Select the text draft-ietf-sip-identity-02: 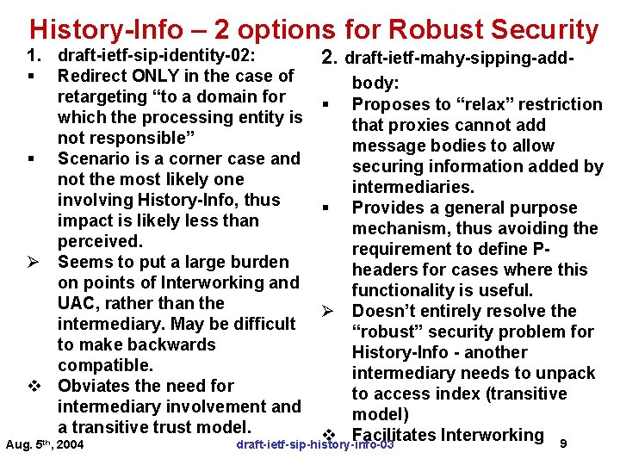point(156,56)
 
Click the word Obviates point(97,386)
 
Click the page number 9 point(563,443)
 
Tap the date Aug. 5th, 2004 point(45,444)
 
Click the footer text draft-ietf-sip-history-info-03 point(314,444)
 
